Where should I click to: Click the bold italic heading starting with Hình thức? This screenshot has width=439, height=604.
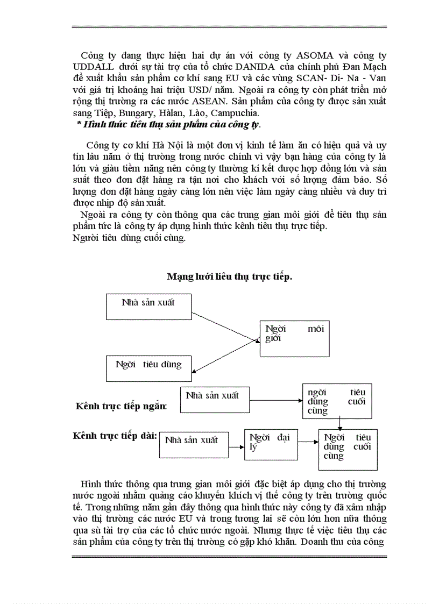[x=168, y=125]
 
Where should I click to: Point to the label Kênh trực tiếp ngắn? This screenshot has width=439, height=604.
[x=121, y=406]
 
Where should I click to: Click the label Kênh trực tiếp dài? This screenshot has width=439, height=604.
[x=115, y=435]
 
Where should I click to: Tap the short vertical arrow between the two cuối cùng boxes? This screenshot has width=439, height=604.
[x=339, y=423]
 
